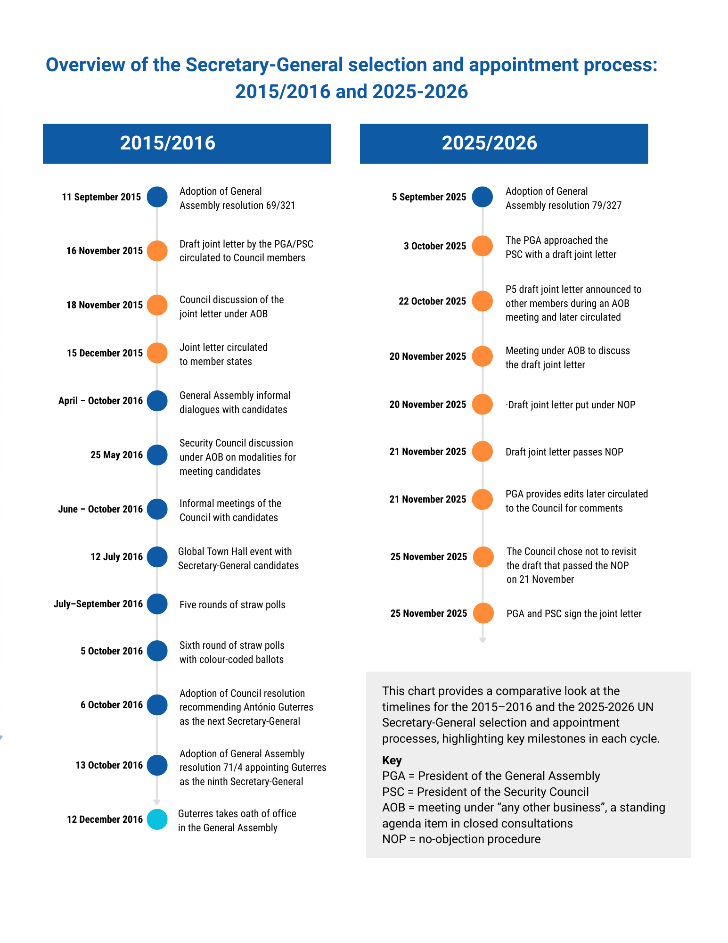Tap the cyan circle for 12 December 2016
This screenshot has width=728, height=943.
click(157, 819)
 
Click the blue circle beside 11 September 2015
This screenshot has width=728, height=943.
click(157, 197)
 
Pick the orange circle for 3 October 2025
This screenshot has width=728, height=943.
click(483, 246)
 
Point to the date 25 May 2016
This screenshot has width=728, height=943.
click(116, 455)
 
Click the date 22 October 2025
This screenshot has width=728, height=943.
click(432, 301)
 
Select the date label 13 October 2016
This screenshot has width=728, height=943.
click(109, 765)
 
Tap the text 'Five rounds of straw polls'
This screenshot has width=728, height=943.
click(232, 605)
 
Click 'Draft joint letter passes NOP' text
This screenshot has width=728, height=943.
click(564, 452)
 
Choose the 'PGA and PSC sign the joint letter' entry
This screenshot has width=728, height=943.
click(574, 614)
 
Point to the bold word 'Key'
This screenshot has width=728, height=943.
click(392, 760)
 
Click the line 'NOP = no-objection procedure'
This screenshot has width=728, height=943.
click(461, 839)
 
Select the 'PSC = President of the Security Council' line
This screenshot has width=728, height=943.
click(485, 792)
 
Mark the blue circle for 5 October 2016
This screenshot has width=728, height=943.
click(157, 651)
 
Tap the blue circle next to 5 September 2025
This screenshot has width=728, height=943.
click(483, 197)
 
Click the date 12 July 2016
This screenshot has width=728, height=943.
click(116, 557)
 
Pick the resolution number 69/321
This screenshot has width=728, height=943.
click(280, 206)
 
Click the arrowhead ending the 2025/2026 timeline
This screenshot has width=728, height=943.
click(483, 640)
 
